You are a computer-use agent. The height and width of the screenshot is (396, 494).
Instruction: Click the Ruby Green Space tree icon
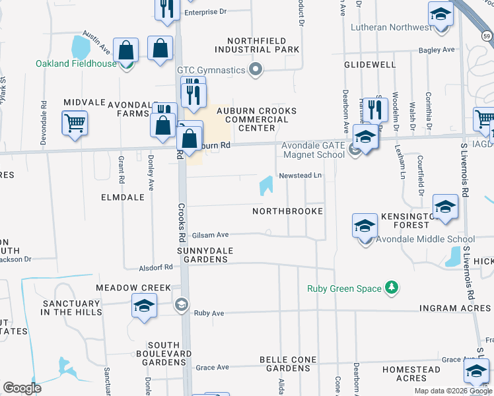pos(392,288)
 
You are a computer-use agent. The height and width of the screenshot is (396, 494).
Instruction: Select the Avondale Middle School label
pos(425,239)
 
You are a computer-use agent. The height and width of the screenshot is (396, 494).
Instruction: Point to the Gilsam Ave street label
pos(210,235)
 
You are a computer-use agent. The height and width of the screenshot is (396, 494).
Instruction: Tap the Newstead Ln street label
pos(300,176)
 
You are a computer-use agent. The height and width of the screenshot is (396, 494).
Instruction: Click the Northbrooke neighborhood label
pos(288,211)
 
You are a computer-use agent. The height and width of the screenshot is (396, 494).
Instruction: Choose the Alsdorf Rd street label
pos(156,267)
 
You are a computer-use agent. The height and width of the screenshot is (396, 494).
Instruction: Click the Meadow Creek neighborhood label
pos(133,288)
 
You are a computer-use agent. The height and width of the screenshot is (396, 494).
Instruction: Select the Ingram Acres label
pos(455,308)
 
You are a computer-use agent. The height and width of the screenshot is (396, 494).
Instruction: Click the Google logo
pos(22,388)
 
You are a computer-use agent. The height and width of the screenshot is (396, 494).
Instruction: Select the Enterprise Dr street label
pos(205,12)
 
